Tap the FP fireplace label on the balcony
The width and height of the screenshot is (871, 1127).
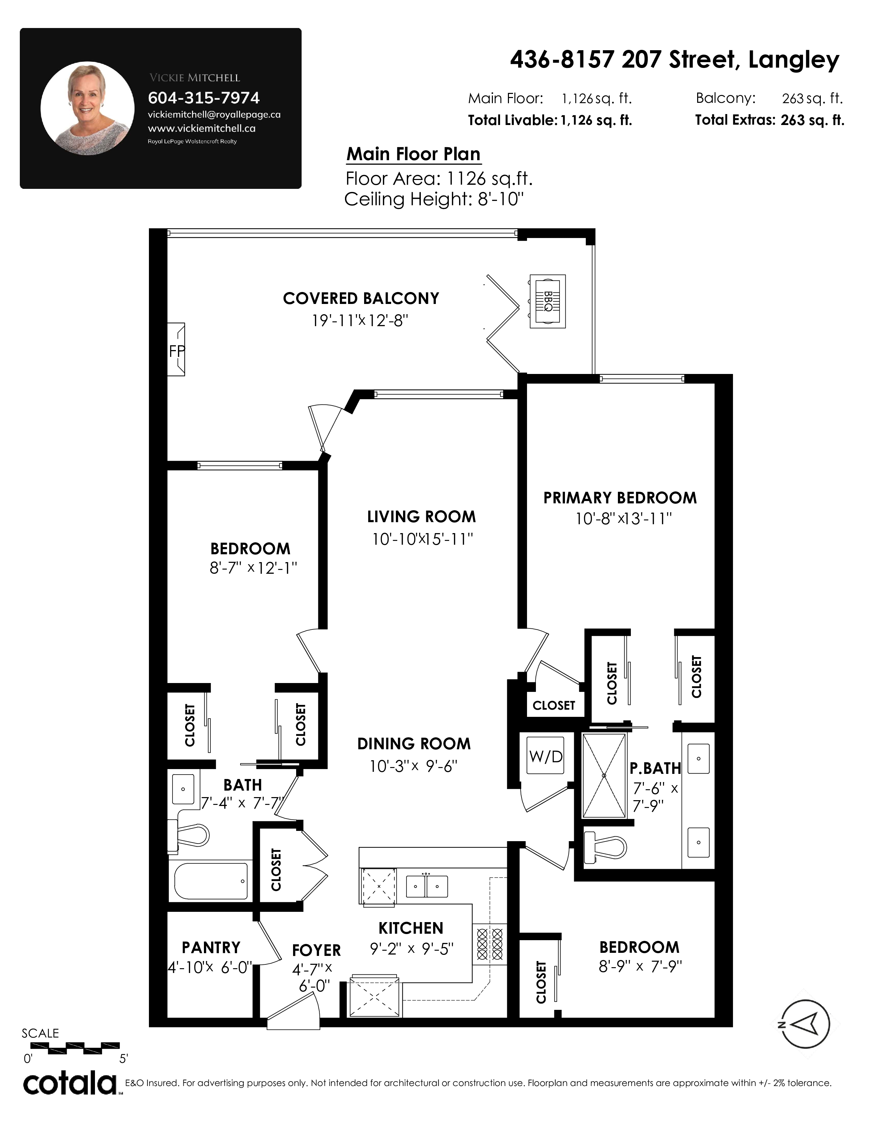pyautogui.click(x=177, y=351)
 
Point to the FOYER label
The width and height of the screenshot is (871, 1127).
pyautogui.click(x=316, y=950)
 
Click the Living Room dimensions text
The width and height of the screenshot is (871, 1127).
pyautogui.click(x=423, y=539)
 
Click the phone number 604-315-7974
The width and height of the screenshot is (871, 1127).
pyautogui.click(x=204, y=98)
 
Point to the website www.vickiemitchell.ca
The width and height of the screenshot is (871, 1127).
pyautogui.click(x=201, y=128)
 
